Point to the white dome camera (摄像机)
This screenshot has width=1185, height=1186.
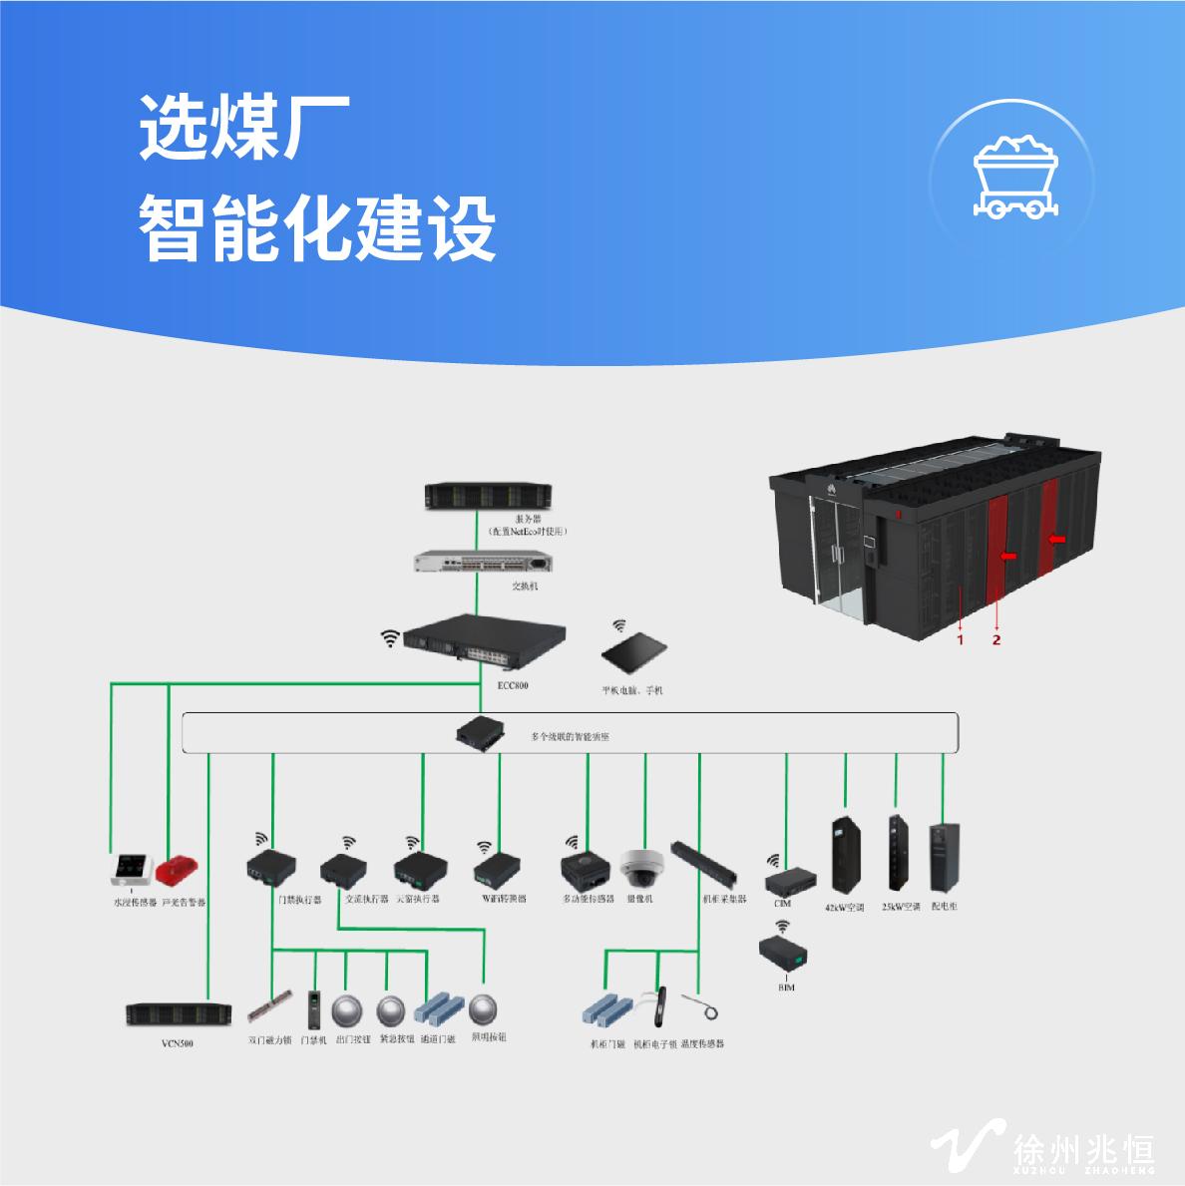(639, 868)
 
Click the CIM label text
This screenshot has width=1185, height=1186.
(782, 904)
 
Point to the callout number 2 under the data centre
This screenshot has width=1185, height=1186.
(996, 639)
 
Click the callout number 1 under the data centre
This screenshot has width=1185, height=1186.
(961, 639)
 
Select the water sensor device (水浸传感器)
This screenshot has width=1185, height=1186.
(132, 870)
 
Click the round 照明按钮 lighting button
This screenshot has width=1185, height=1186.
(485, 1008)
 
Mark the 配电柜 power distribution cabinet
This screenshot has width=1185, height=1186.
(943, 857)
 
